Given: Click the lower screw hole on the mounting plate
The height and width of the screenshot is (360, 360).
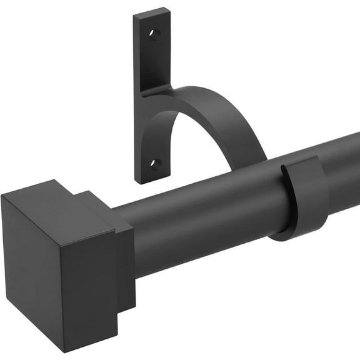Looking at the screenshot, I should (155, 164).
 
